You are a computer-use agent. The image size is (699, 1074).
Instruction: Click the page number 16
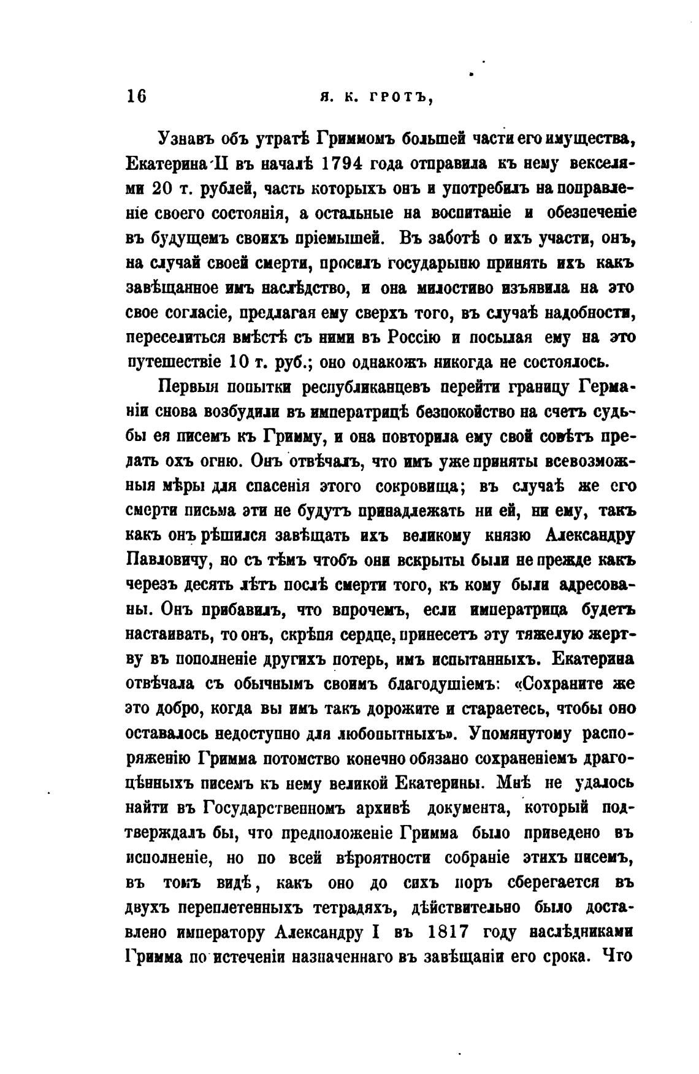136,98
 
